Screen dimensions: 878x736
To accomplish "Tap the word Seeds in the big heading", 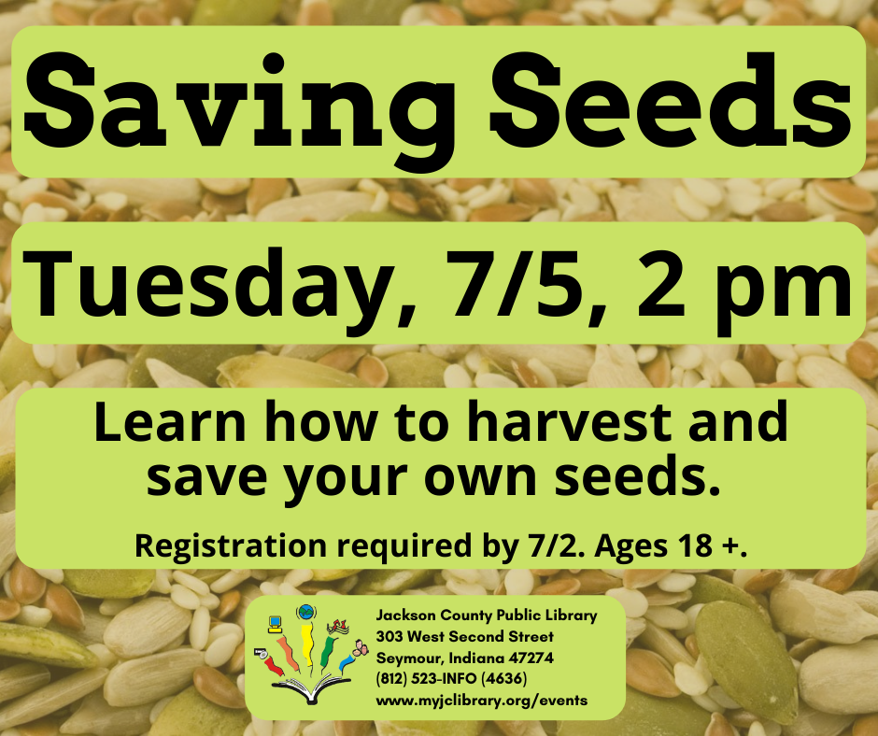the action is tap(671, 100).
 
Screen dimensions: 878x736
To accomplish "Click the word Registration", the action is tap(231, 545).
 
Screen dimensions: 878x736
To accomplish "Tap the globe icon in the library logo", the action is tap(305, 612).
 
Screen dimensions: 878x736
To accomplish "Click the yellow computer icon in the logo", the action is tap(275, 623).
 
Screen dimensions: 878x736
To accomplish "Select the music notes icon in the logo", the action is tap(339, 626).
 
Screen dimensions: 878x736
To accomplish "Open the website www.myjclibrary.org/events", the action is tap(482, 701).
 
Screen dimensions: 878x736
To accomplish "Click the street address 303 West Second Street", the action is tap(464, 636).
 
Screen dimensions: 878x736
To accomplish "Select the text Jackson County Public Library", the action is tap(486, 616).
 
